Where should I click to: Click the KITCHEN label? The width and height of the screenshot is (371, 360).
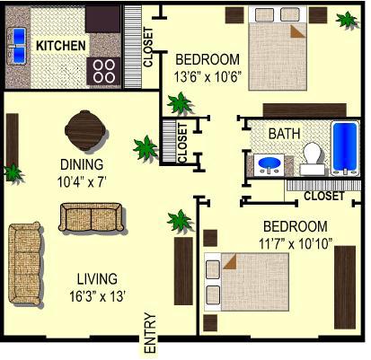click(61, 45)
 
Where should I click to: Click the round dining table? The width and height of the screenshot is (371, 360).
click(84, 130)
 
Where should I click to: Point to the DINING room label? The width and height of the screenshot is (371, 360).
click(82, 164)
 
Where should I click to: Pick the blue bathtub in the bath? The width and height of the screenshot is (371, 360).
click(345, 147)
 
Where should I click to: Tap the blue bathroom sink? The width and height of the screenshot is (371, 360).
click(268, 164)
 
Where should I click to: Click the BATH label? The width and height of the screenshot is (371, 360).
click(284, 134)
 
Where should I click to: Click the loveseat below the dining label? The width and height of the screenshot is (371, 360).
click(86, 217)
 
